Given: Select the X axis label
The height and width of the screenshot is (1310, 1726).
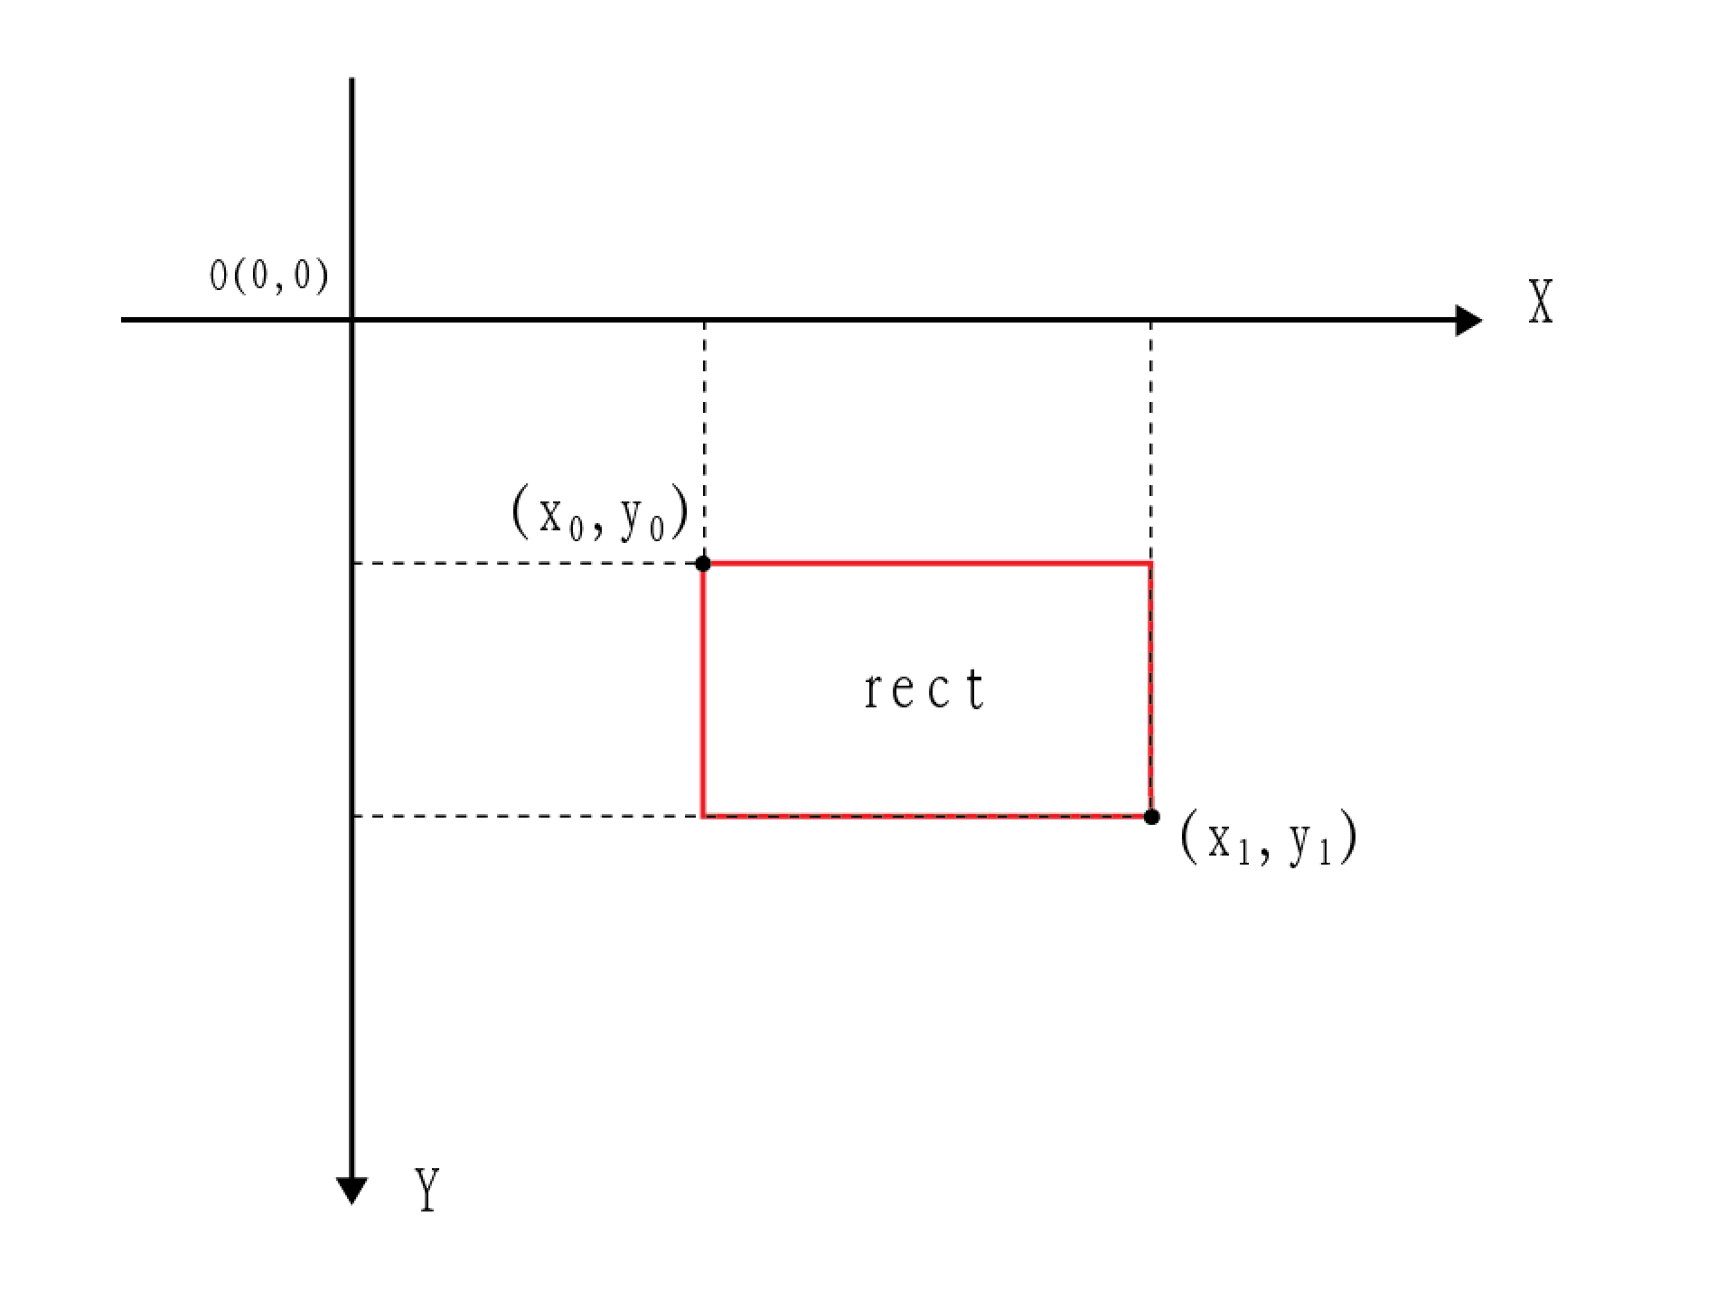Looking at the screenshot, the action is click(1540, 302).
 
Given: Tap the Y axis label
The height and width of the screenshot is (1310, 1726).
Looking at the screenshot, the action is click(427, 1189).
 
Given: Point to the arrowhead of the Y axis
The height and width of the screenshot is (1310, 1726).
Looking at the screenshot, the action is click(352, 1191).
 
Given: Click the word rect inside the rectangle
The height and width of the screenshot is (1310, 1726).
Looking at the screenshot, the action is click(924, 691).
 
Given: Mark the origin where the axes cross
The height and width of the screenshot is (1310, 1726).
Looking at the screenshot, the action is click(352, 320).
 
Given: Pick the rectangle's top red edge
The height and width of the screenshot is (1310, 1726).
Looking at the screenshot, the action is click(926, 564).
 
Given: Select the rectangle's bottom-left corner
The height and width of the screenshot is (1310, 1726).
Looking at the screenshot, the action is click(703, 816).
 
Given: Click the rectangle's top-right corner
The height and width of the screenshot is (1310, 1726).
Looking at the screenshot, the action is click(1150, 564).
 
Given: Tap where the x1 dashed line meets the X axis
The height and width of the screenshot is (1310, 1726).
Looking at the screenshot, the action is click(1150, 320).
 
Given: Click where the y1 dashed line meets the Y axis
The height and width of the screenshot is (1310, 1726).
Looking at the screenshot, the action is click(352, 816).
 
